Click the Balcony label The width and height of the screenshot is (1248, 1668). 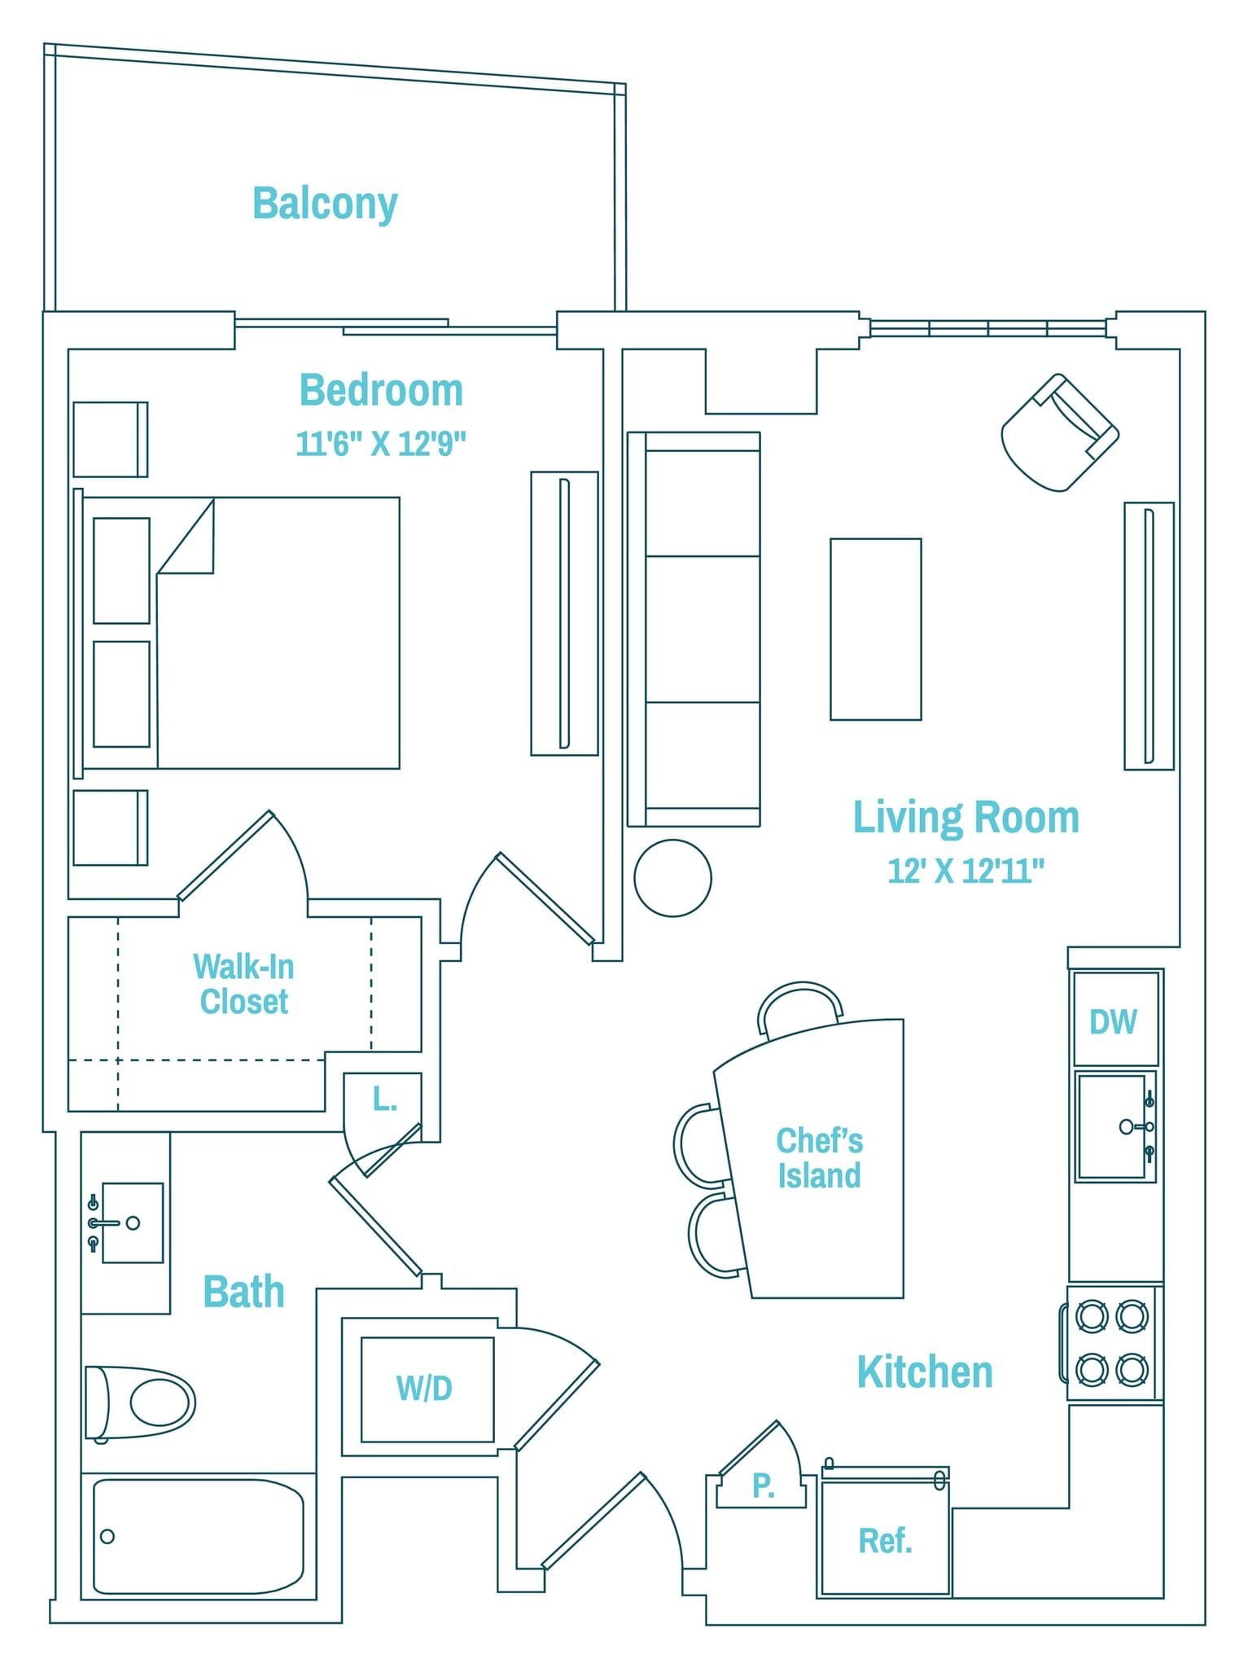[325, 204]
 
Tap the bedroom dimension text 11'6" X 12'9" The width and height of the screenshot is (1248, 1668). [380, 445]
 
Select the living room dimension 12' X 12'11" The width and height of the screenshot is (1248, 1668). [966, 871]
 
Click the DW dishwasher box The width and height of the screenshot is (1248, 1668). [1114, 1020]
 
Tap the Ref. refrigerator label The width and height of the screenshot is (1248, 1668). [885, 1540]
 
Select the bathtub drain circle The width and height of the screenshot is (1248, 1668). [107, 1537]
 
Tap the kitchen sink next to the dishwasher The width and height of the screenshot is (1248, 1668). [1111, 1126]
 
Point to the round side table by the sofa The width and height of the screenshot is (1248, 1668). [672, 878]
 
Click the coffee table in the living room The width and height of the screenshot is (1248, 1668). [875, 629]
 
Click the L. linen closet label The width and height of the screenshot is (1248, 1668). [384, 1100]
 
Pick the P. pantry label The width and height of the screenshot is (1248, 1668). [763, 1486]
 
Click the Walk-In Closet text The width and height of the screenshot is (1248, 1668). [243, 984]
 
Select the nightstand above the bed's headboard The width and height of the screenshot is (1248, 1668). [110, 439]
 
